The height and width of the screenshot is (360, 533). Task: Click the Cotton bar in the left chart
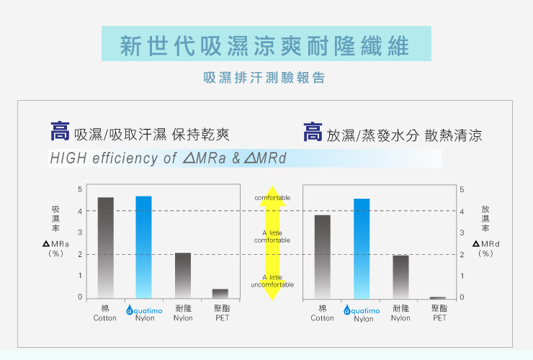(106, 247)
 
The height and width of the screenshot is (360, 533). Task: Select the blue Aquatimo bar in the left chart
(144, 247)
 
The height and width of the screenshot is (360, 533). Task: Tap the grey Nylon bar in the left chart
(183, 275)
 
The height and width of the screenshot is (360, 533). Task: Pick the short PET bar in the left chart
(220, 293)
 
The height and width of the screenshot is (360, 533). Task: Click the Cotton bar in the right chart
(322, 256)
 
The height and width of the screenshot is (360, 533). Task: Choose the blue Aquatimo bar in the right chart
(362, 248)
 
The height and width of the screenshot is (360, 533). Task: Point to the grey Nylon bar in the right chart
(400, 276)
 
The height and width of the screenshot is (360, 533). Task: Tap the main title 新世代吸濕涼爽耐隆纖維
(266, 45)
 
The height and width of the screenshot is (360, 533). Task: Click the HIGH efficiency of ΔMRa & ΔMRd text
(167, 158)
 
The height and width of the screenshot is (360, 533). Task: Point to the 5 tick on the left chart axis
(79, 189)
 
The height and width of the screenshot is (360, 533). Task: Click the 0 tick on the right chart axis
(461, 297)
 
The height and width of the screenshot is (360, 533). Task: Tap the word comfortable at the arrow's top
(272, 197)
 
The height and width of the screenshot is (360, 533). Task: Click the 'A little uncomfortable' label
(272, 281)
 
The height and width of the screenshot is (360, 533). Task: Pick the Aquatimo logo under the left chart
(144, 310)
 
